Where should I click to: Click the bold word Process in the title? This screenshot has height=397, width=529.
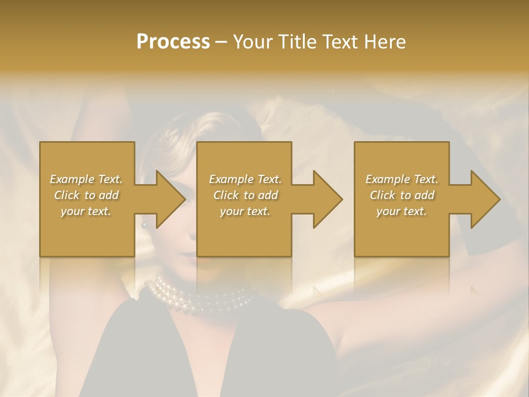tap(173, 42)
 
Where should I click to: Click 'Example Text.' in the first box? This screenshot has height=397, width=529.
tap(86, 179)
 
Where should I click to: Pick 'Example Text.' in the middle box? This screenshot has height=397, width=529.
tap(245, 179)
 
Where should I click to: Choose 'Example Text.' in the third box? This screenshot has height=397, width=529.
tap(402, 179)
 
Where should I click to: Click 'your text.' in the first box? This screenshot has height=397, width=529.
tap(86, 211)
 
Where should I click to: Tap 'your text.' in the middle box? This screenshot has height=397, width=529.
tap(245, 211)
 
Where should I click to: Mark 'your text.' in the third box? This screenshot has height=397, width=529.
tap(402, 211)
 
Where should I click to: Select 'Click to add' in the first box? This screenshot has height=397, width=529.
tap(86, 195)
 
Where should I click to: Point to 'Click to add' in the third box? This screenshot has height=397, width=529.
tap(402, 195)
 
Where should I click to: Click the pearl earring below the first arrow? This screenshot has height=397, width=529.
tap(145, 224)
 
